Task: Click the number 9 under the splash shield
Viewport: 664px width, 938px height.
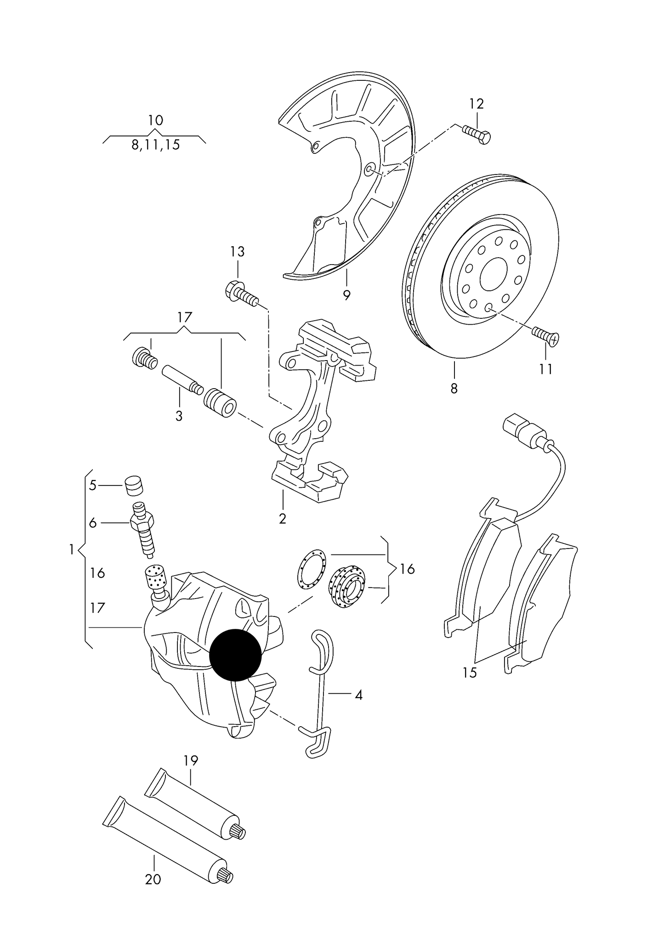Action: pos(346,295)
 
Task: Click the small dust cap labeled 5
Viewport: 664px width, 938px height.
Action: pos(134,486)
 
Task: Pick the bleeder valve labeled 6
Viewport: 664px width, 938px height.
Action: pos(143,528)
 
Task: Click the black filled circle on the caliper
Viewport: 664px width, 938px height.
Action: pos(235,655)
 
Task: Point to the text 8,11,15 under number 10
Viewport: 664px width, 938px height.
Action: pos(155,145)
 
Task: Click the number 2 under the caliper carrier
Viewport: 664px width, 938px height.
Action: pos(282,519)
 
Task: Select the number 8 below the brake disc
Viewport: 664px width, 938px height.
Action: pos(454,389)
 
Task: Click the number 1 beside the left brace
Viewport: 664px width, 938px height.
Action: pos(72,549)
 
